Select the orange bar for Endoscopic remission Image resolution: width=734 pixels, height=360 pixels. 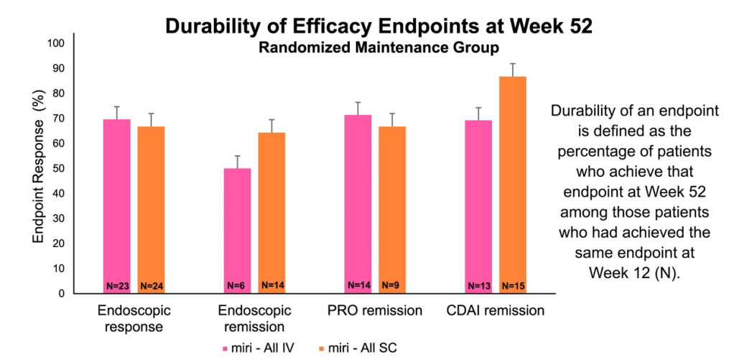click(x=271, y=208)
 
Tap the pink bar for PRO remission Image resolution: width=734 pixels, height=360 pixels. click(x=358, y=201)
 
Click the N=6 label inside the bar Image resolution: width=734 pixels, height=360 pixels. click(x=236, y=285)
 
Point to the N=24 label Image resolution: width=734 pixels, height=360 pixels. click(x=152, y=285)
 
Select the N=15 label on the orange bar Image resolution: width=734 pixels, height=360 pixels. click(x=512, y=285)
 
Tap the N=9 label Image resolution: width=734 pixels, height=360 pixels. click(x=391, y=285)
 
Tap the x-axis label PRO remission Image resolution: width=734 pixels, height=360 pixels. click(x=374, y=311)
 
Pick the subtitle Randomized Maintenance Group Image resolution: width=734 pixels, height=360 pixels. click(x=378, y=48)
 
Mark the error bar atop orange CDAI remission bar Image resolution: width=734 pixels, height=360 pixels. click(x=512, y=70)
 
